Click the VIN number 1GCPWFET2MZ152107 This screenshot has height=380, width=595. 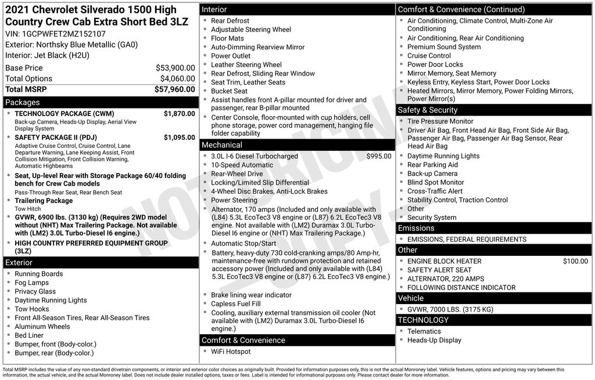click(63, 34)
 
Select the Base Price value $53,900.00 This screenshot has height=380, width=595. click(175, 68)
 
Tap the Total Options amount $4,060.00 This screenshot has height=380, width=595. click(177, 79)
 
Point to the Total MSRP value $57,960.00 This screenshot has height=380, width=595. click(174, 89)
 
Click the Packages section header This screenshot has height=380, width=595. click(23, 103)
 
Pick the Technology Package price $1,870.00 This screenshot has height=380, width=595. click(179, 114)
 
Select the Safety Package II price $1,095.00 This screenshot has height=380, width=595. click(179, 137)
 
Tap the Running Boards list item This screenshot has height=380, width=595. click(39, 274)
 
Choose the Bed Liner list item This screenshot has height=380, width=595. click(29, 335)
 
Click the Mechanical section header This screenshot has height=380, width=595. click(221, 145)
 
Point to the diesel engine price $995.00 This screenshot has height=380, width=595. click(379, 156)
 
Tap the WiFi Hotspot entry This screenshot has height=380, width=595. click(231, 352)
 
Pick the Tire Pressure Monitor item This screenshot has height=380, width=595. click(440, 121)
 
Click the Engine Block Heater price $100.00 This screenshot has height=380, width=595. click(575, 261)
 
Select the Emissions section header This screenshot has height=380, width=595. click(416, 229)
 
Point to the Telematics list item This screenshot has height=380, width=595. click(424, 331)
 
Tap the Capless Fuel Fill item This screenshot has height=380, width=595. click(236, 303)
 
